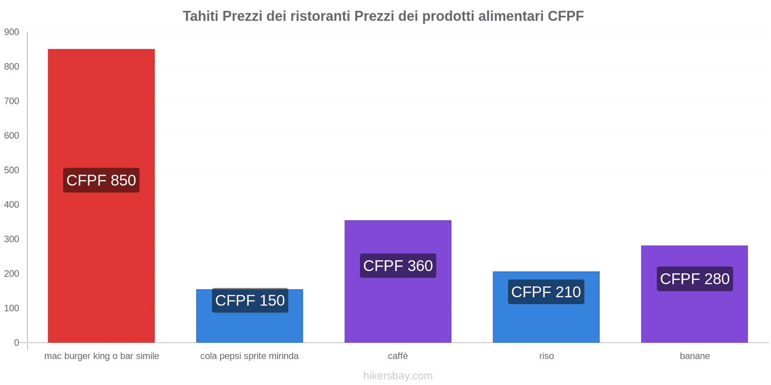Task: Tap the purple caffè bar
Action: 398,308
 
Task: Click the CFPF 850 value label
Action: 101,180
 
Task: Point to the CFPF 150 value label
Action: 250,300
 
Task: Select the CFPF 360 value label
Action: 398,266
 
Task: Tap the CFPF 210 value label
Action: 546,292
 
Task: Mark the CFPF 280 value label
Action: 694,279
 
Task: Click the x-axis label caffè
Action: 398,356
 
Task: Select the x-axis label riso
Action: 546,356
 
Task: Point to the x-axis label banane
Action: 694,356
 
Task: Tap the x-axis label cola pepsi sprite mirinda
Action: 249,356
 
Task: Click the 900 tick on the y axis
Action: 12,32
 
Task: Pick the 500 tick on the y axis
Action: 12,170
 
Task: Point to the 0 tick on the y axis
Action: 16,343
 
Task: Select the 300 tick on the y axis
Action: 12,239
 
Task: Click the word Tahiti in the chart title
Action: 200,16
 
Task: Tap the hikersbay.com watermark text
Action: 398,376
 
